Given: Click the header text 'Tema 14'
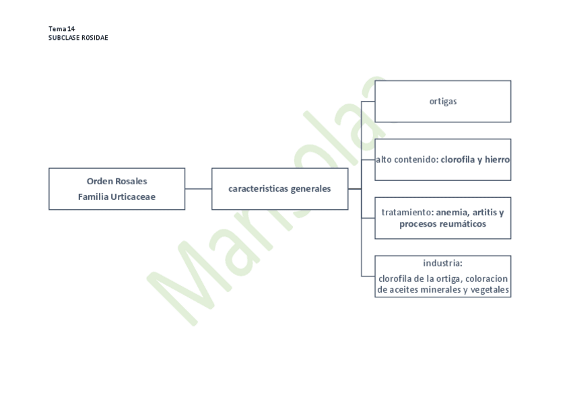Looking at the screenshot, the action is (61, 29).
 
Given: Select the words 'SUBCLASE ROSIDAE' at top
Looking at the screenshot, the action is (78, 38).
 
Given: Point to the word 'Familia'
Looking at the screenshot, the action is (93, 196).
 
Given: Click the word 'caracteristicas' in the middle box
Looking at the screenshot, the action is (259, 189).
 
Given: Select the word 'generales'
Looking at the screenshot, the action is (311, 189).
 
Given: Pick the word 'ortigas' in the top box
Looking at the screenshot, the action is (443, 102).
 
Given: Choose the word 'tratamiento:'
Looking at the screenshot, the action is (407, 213).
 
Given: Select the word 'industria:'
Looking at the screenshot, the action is (442, 263).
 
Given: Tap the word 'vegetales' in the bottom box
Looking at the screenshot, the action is (488, 290).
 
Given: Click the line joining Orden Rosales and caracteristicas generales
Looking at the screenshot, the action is (198, 189).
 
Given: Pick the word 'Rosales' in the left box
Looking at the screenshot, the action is (131, 181).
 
